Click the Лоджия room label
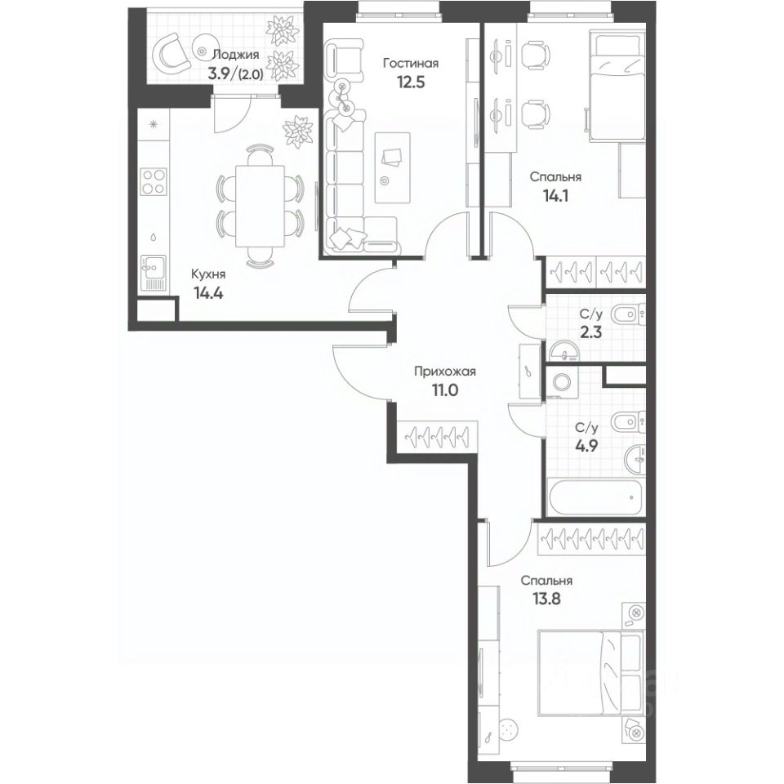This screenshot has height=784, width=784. [x=235, y=55]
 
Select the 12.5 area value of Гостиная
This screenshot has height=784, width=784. [x=412, y=82]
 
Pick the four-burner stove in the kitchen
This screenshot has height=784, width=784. [x=154, y=180]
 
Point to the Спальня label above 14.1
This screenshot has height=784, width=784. [x=555, y=176]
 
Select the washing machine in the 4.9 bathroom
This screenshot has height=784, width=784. [x=561, y=381]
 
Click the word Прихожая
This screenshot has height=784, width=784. [x=444, y=371]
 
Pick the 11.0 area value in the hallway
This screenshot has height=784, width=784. [x=444, y=390]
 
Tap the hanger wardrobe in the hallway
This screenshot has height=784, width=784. [x=435, y=434]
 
